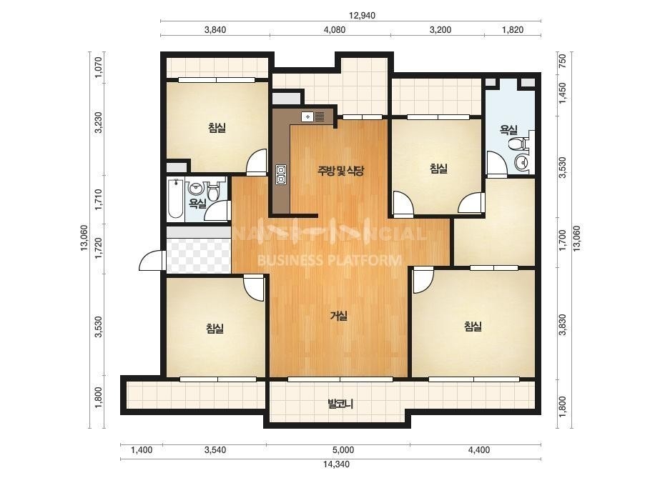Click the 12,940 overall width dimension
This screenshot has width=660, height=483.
[362, 16]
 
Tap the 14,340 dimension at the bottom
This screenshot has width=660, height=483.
[336, 464]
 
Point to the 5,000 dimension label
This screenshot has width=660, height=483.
[343, 450]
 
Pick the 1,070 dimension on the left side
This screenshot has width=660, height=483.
[99, 67]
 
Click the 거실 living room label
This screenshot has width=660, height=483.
[339, 316]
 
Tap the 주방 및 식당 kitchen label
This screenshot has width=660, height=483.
[340, 170]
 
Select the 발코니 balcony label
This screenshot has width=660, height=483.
[340, 404]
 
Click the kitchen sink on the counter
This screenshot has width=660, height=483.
[312, 116]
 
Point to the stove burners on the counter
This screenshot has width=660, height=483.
[280, 174]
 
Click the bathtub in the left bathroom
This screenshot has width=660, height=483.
[175, 199]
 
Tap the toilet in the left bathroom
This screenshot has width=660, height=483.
[213, 191]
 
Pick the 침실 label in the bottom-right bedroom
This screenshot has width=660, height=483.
[473, 327]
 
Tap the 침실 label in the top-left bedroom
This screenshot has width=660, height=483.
[217, 127]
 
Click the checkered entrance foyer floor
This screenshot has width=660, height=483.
[199, 255]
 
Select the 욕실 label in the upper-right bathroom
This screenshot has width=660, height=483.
[508, 129]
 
